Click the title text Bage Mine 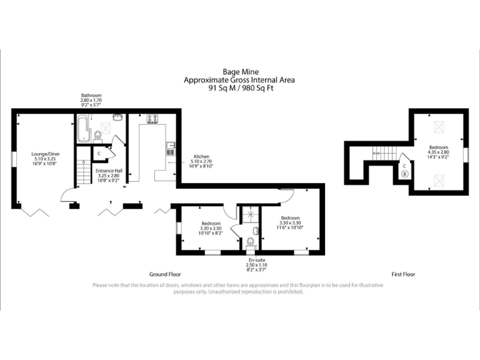(241, 72)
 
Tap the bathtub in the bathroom (82, 128)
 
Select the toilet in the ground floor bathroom (97, 136)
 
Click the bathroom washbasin (117, 117)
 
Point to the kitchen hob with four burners (153, 119)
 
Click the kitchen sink (170, 149)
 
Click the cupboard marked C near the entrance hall (100, 153)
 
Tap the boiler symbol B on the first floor (404, 174)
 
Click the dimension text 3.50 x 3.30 (291, 223)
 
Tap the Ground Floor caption (165, 274)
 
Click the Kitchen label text (201, 156)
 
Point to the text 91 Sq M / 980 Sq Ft (241, 88)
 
